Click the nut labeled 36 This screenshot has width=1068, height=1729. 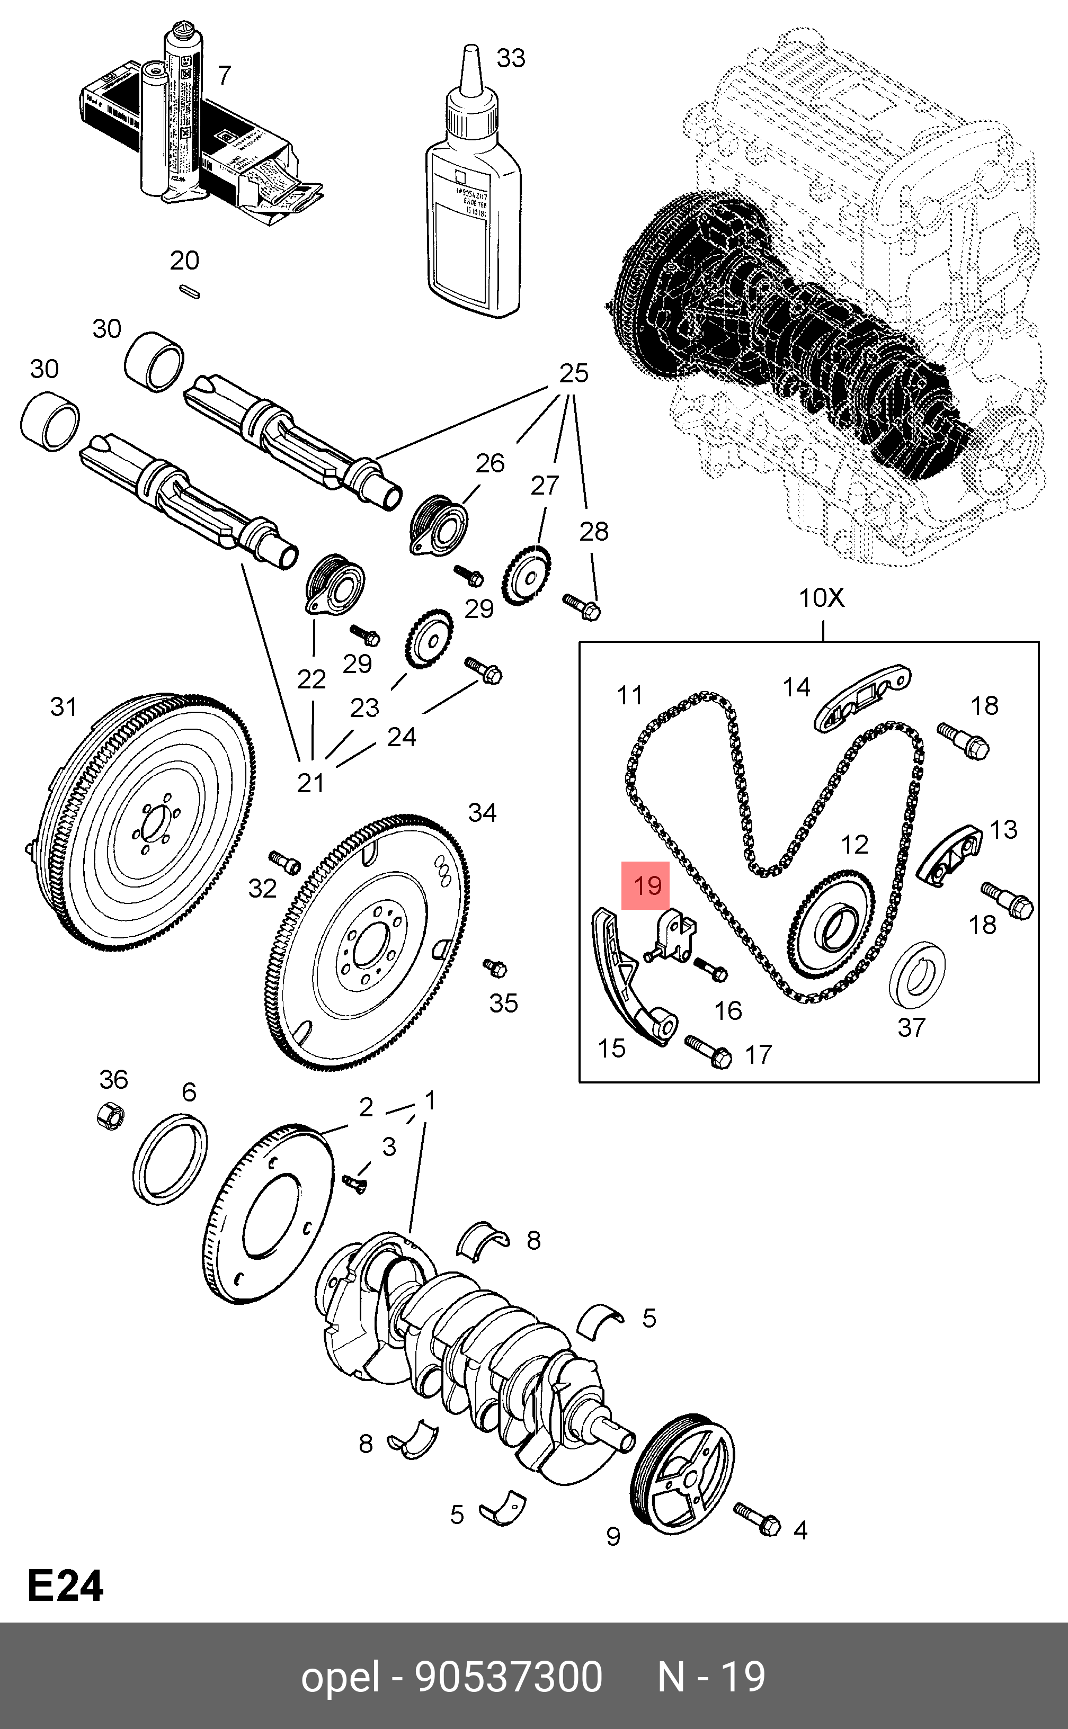[x=111, y=1115]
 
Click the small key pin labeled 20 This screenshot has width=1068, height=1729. [x=189, y=290]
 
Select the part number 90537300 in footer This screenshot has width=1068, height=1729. [x=509, y=1677]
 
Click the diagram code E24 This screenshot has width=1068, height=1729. [x=66, y=1587]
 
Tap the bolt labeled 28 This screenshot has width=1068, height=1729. [x=582, y=605]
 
